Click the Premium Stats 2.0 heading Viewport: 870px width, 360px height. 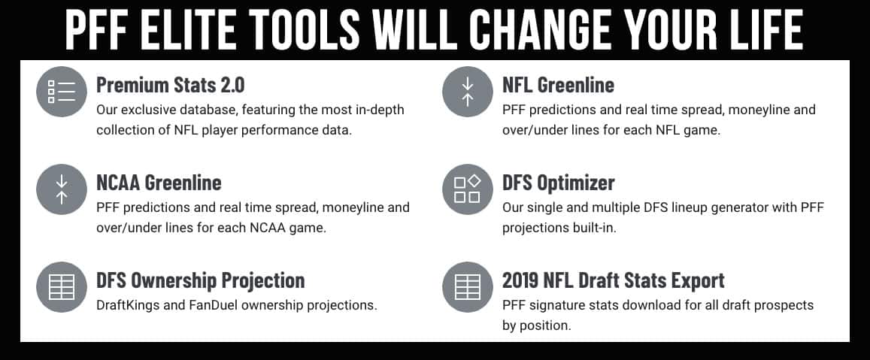pyautogui.click(x=171, y=85)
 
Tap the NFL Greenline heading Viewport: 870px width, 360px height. pyautogui.click(x=558, y=85)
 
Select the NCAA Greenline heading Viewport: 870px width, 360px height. pyautogui.click(x=159, y=183)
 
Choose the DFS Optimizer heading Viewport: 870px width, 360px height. pyautogui.click(x=559, y=183)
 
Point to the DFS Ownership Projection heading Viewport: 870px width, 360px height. pyautogui.click(x=200, y=280)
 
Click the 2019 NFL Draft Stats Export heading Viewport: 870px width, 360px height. pyautogui.click(x=614, y=280)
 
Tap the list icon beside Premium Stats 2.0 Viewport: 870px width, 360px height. pyautogui.click(x=62, y=92)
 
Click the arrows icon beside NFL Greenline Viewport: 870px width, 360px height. pyautogui.click(x=468, y=92)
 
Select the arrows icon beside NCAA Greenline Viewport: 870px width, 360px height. pyautogui.click(x=62, y=189)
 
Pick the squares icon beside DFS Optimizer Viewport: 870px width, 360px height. pyautogui.click(x=468, y=189)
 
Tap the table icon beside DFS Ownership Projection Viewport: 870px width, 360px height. pyautogui.click(x=62, y=287)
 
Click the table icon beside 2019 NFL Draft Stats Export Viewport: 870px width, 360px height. pyautogui.click(x=468, y=287)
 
